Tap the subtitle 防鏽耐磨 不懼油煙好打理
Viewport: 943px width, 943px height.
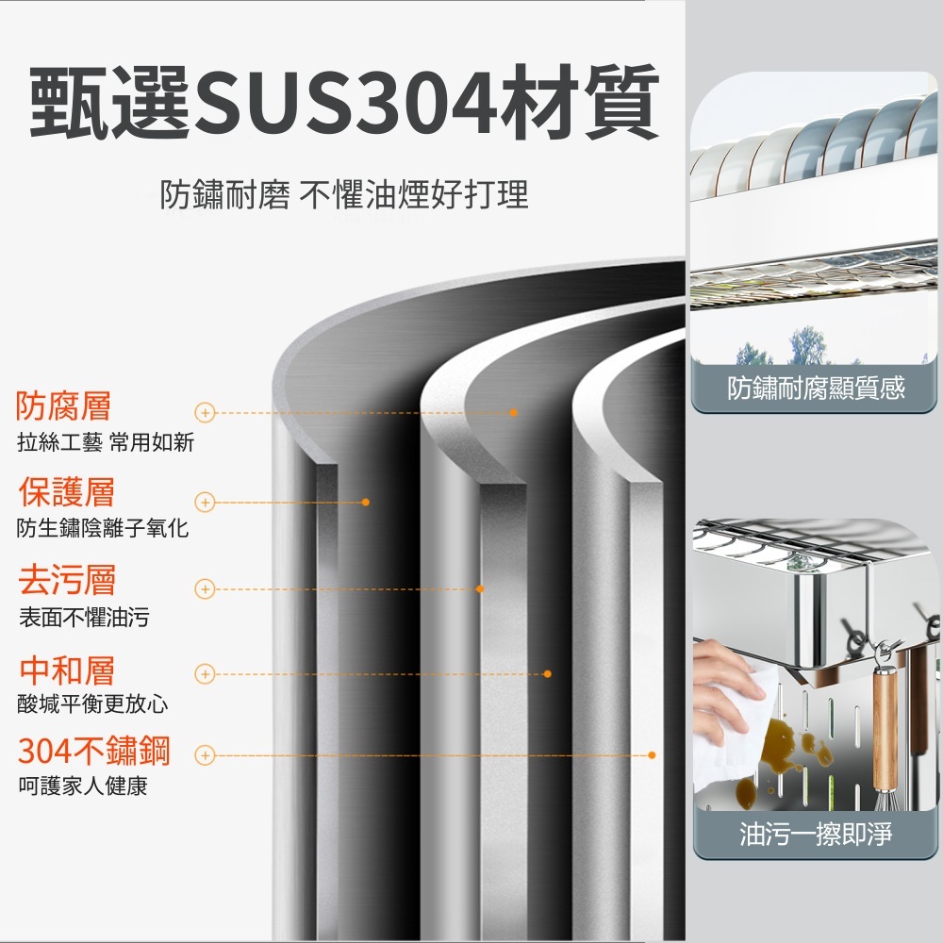(x=344, y=196)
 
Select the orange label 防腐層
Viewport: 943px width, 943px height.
(x=64, y=406)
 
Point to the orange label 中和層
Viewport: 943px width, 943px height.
(x=67, y=671)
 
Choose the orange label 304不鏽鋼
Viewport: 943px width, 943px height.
(x=94, y=752)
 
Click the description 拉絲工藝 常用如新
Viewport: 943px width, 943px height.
(x=106, y=442)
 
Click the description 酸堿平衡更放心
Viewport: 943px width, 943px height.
(x=92, y=704)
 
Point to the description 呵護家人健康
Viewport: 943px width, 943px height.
(x=83, y=786)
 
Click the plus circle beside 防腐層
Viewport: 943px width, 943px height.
(x=206, y=413)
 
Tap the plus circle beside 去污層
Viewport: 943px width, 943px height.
(x=206, y=588)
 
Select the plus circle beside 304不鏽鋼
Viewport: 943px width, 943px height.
(x=206, y=755)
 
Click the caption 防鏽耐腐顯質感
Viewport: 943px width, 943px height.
(x=816, y=389)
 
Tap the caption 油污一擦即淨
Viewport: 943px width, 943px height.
(x=816, y=834)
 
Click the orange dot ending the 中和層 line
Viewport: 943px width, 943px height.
(x=547, y=673)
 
